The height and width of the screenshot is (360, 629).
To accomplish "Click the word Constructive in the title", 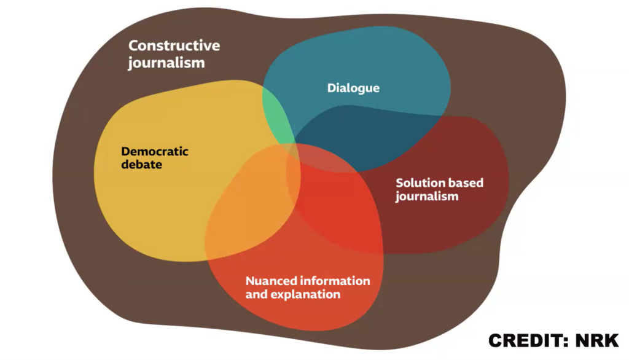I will [174, 45].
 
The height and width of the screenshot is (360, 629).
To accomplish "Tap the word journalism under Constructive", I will [166, 63].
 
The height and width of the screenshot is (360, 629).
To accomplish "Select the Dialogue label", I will [353, 88].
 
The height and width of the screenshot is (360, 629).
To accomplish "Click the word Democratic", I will [154, 151].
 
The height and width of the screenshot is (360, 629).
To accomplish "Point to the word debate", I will [141, 165].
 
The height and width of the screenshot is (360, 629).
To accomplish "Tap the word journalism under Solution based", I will [427, 197].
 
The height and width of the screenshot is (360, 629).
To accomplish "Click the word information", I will [335, 281].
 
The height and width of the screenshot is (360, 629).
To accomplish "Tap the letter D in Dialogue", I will [331, 88].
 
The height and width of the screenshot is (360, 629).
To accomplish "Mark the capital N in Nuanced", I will [250, 281].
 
